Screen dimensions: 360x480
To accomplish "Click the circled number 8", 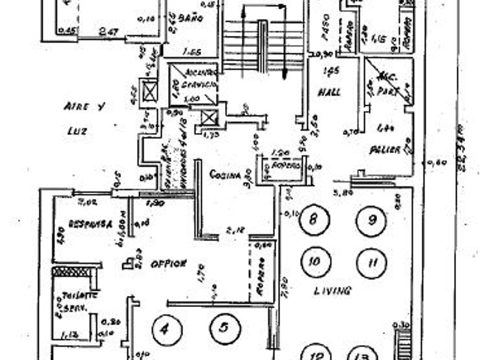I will tap(313, 219).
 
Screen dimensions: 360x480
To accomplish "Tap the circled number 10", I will tap(314, 262).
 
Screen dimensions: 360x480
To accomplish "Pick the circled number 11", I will tap(372, 262).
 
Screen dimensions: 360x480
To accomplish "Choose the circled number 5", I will tap(224, 327).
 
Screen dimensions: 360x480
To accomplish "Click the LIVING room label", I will tap(333, 290).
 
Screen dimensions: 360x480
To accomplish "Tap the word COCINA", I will tap(225, 174).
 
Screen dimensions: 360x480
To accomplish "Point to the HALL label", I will tap(329, 91).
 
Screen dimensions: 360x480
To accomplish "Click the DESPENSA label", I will tap(89, 223).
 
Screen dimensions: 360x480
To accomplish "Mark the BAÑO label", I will tap(191, 18).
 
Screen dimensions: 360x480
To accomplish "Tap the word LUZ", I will tap(77, 131).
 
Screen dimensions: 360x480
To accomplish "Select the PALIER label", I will tap(383, 150).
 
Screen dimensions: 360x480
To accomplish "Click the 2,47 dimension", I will tap(108, 31).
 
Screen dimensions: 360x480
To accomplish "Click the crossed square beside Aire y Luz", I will tap(150, 92).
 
